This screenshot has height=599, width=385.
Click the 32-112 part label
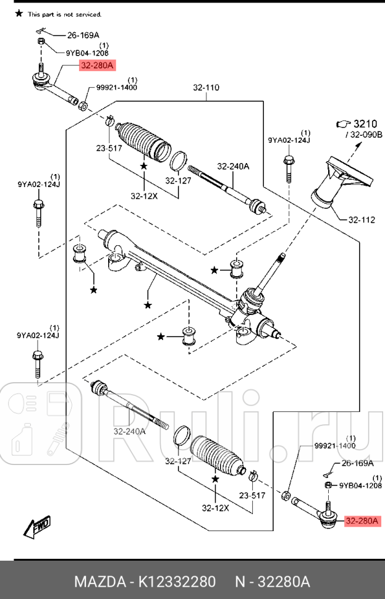pyautogui.click(x=362, y=219)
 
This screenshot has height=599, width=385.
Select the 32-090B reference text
pyautogui.click(x=366, y=134)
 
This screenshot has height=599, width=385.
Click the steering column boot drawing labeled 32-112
pyautogui.click(x=339, y=182)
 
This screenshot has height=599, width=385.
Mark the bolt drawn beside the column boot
pyautogui.click(x=288, y=167)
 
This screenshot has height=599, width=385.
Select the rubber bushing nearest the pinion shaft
pyautogui.click(x=235, y=270)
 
